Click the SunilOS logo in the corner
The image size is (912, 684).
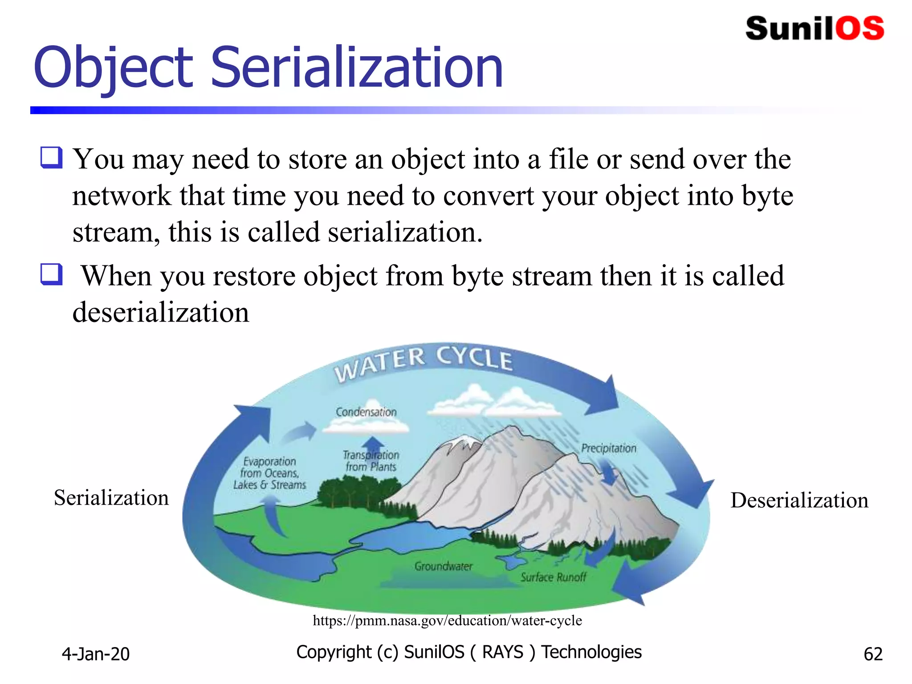[x=814, y=28]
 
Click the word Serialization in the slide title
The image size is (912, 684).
[x=356, y=68]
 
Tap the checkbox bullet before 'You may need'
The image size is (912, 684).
[x=52, y=158]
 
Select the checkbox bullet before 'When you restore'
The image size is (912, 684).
[x=52, y=274]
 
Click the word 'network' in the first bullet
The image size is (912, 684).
[x=122, y=196]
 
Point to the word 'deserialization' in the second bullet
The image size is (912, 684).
[x=161, y=312]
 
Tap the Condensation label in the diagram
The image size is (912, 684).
[x=366, y=412]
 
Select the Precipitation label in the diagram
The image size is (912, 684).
[x=608, y=448]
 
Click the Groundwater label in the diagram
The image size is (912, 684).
[x=443, y=566]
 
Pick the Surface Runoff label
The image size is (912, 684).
[x=554, y=577]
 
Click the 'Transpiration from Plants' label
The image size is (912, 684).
[x=371, y=461]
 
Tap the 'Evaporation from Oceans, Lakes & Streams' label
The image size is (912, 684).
[x=269, y=473]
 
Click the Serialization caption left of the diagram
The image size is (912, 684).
[x=111, y=498]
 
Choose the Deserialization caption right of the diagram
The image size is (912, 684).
[x=799, y=500]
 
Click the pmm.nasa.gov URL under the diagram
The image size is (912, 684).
[x=447, y=620]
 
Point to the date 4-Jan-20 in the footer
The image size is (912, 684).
[x=96, y=654]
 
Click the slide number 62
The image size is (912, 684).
[x=873, y=654]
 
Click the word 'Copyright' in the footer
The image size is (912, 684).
[x=334, y=652]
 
